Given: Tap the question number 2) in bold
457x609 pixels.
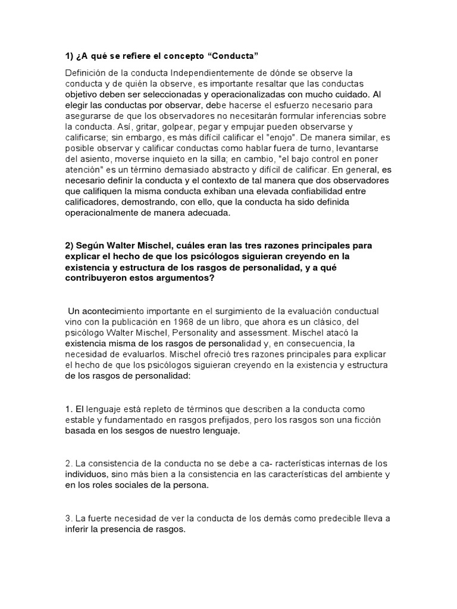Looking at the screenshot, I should [x=70, y=245].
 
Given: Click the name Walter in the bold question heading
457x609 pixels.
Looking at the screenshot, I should [x=131, y=245].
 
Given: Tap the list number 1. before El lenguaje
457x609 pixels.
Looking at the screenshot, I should [x=68, y=409].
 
